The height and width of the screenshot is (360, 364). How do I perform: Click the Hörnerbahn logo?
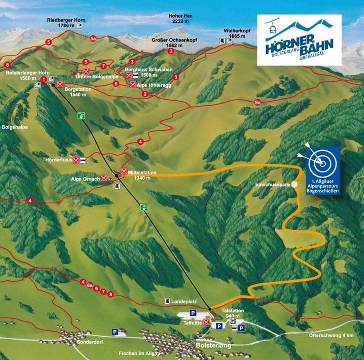[299, 39]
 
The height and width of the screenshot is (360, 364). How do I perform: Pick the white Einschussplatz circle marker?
[295, 184]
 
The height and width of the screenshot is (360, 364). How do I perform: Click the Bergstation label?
[78, 89]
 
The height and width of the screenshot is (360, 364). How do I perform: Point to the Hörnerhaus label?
[59, 160]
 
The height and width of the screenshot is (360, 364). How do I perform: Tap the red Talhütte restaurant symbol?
[206, 322]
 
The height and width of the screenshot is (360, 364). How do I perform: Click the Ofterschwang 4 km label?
[331, 335]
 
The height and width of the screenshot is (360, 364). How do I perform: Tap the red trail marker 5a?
[93, 38]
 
